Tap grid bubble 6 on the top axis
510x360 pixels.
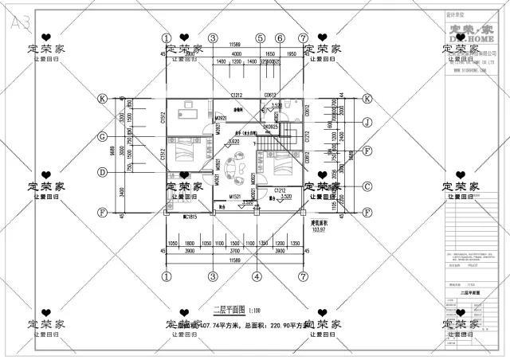click(x=280, y=37)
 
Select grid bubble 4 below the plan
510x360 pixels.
click(x=257, y=276)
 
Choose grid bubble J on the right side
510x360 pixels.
click(x=367, y=123)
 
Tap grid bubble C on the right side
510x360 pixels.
click(x=367, y=186)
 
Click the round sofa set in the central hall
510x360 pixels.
click(x=233, y=169)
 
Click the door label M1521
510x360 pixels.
click(x=235, y=196)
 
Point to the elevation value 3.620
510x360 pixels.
click(x=234, y=142)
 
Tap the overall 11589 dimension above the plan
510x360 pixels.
click(x=234, y=44)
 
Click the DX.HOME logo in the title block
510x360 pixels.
click(x=470, y=34)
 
